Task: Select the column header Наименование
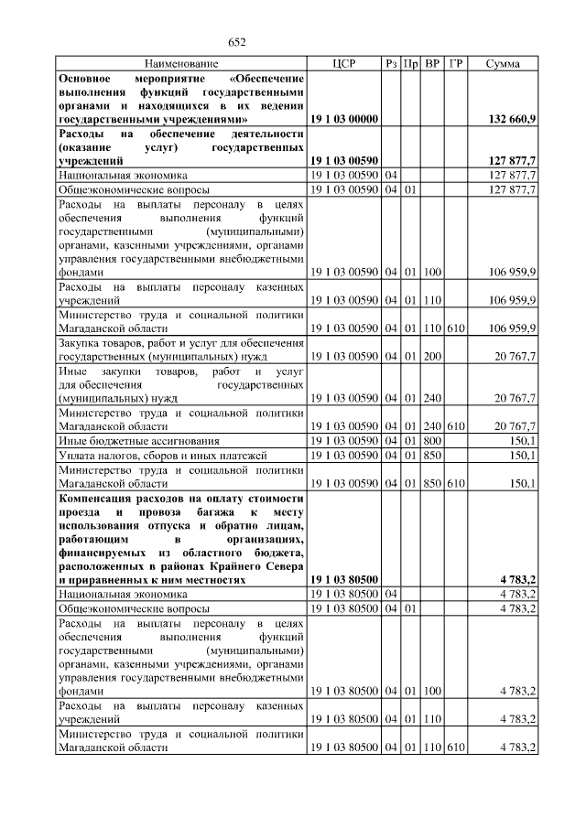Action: [x=181, y=64]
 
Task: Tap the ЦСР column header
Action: [x=344, y=64]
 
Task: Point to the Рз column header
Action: [x=391, y=64]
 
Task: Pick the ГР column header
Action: [x=456, y=64]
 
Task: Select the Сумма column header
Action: [x=503, y=64]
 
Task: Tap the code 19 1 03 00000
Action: [x=344, y=119]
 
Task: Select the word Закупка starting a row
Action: [x=80, y=342]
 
